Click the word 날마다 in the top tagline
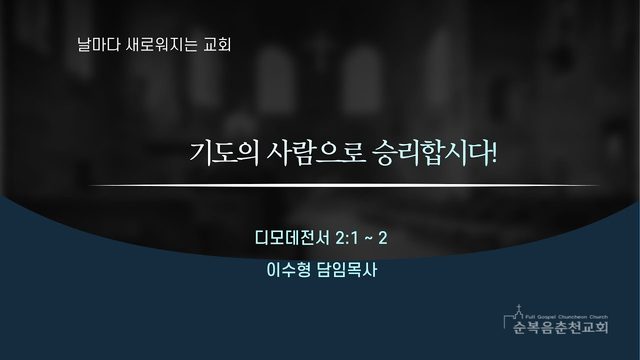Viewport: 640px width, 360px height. (x=93, y=44)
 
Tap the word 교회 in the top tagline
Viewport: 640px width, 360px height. (x=217, y=44)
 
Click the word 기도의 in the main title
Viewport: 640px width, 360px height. (x=224, y=153)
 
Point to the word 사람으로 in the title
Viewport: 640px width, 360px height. (x=315, y=153)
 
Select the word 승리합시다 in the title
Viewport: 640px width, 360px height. (x=430, y=153)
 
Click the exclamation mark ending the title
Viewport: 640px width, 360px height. (x=494, y=153)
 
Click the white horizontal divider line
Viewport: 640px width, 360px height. (x=344, y=185)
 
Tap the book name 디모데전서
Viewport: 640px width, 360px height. (x=292, y=238)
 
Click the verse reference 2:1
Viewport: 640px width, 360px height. (x=346, y=238)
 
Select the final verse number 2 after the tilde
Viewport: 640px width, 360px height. (x=382, y=238)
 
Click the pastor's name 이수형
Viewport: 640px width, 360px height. (x=289, y=270)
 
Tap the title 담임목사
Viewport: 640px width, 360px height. (x=347, y=270)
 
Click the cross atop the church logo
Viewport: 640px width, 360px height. (x=519, y=307)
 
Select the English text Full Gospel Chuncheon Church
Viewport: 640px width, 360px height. (x=567, y=317)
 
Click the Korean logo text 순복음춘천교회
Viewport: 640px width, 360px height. (x=561, y=327)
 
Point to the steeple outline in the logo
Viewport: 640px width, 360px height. (x=516, y=316)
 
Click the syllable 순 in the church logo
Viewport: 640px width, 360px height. (x=520, y=327)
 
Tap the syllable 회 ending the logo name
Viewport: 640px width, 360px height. (x=602, y=327)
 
